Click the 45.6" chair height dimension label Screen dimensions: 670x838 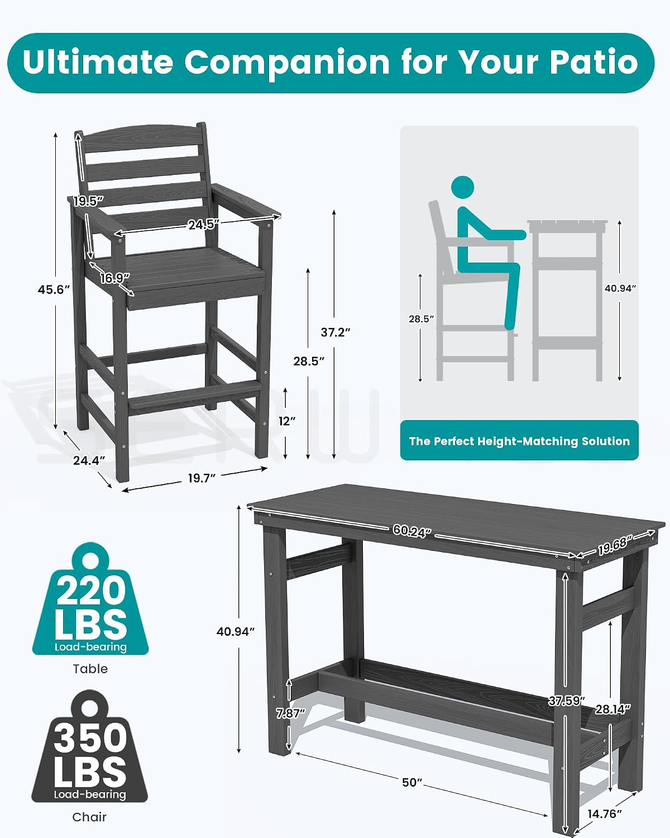click(54, 289)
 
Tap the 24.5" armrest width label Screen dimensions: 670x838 click(204, 224)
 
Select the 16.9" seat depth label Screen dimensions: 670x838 click(114, 278)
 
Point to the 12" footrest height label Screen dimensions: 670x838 click(287, 421)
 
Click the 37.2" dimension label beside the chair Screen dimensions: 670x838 click(335, 332)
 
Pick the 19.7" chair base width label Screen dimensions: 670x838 click(202, 478)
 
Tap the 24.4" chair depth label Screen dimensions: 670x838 click(89, 460)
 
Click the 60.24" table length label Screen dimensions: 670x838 click(412, 531)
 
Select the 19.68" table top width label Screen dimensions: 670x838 click(613, 546)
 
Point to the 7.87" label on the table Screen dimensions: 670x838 click(290, 713)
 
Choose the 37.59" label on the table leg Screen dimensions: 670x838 click(567, 701)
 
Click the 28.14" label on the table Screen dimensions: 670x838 click(613, 709)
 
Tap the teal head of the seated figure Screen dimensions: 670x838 click(462, 187)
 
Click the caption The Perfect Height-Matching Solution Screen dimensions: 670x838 click(519, 441)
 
